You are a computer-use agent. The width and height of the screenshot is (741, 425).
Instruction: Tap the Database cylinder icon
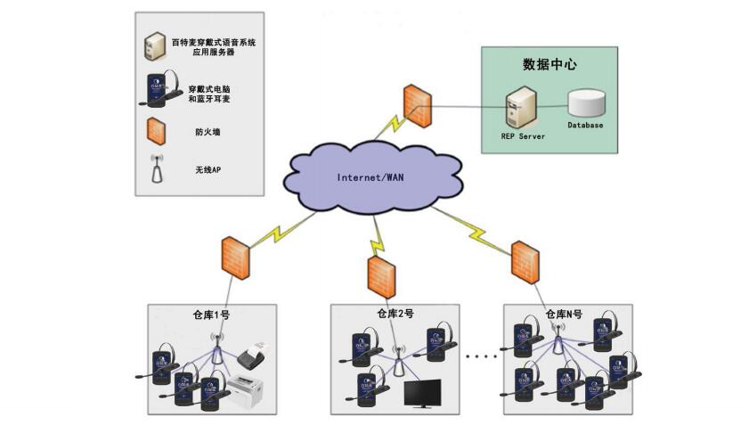point(585,102)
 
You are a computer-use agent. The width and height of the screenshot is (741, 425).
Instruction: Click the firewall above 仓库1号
point(235,257)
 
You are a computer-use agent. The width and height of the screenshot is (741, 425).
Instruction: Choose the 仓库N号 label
point(564,314)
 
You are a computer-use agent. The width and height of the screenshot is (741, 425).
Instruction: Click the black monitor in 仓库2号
point(424,394)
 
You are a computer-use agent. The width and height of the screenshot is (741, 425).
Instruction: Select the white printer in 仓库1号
point(246,389)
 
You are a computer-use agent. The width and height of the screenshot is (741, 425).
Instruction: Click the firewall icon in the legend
point(157,131)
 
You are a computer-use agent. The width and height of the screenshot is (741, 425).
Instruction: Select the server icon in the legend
point(155,45)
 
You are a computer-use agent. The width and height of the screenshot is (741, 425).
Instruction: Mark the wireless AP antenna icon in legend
point(157,168)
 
